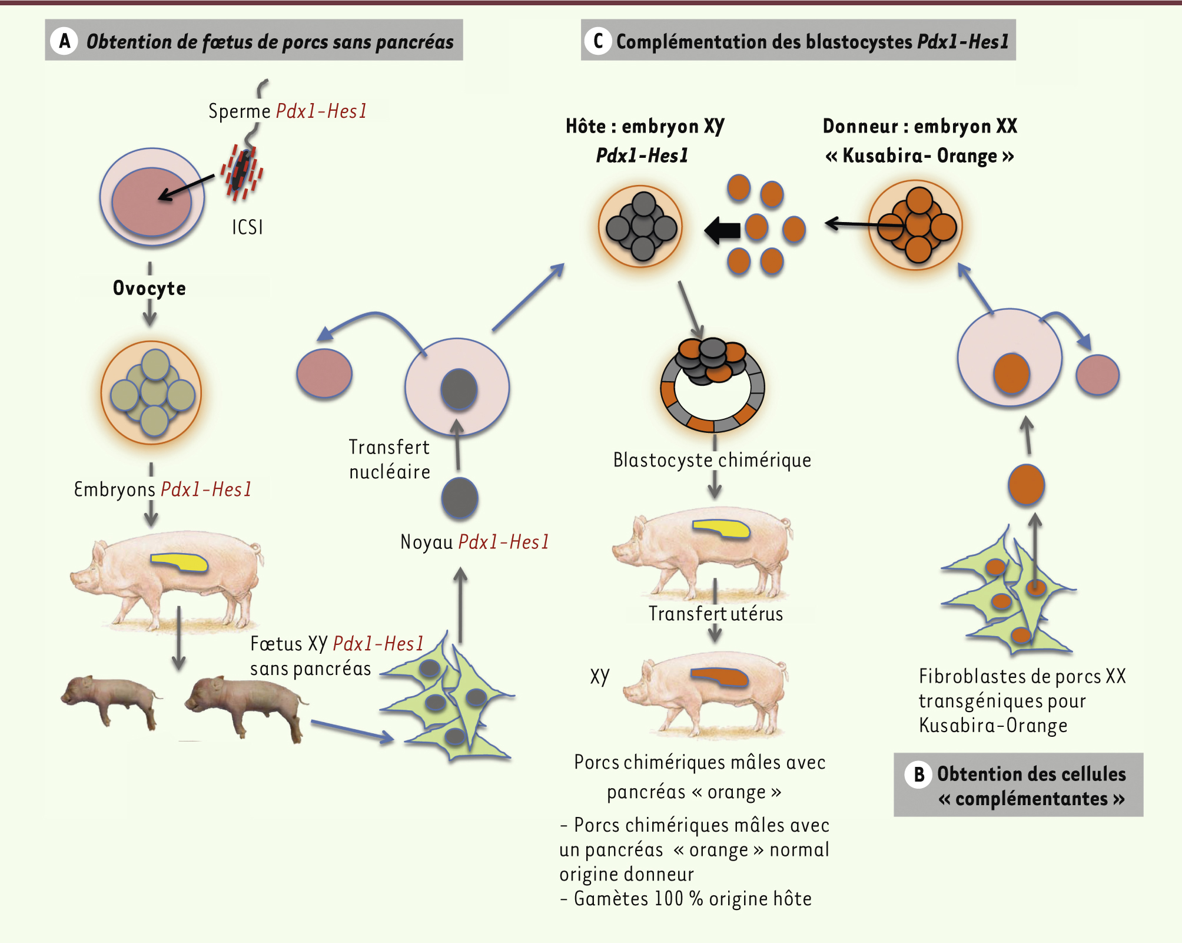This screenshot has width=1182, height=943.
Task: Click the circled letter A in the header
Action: pyautogui.click(x=65, y=41)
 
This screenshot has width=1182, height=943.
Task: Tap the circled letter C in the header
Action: pyautogui.click(x=598, y=41)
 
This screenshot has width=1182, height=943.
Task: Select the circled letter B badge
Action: pyautogui.click(x=919, y=774)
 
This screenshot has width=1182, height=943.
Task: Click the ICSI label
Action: pyautogui.click(x=247, y=227)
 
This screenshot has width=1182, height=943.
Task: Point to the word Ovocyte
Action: pyautogui.click(x=150, y=288)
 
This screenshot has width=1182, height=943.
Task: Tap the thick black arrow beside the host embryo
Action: pyautogui.click(x=723, y=230)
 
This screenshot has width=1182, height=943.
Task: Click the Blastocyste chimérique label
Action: pyautogui.click(x=712, y=460)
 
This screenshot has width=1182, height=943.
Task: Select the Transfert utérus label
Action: pyautogui.click(x=716, y=614)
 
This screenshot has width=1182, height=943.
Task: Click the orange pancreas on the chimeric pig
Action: pyautogui.click(x=719, y=677)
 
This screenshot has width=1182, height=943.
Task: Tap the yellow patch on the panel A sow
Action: pyautogui.click(x=180, y=562)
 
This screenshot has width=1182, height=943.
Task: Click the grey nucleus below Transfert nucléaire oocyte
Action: pyautogui.click(x=460, y=498)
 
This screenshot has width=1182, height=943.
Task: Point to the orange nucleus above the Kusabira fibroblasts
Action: pyautogui.click(x=1026, y=484)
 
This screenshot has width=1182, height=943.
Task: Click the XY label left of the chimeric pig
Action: pyautogui.click(x=600, y=676)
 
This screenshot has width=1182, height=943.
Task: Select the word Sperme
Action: pyautogui.click(x=240, y=111)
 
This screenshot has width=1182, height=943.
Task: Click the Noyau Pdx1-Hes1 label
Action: pyautogui.click(x=474, y=542)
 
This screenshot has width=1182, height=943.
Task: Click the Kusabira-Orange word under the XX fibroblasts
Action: pyautogui.click(x=993, y=725)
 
